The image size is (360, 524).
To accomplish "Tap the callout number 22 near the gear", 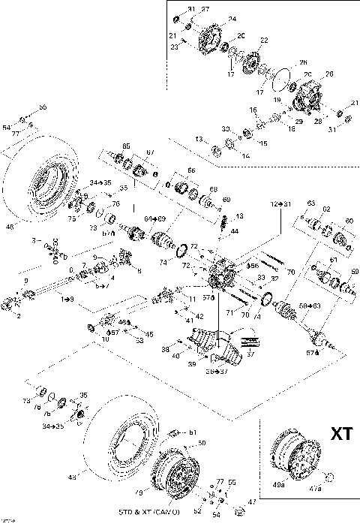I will point(263,40).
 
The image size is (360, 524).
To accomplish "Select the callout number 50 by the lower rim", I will point(201,444).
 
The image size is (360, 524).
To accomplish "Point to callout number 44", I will point(235,230).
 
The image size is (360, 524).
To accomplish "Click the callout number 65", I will point(126,146).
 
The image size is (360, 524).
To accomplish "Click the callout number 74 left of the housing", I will point(163,263).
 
